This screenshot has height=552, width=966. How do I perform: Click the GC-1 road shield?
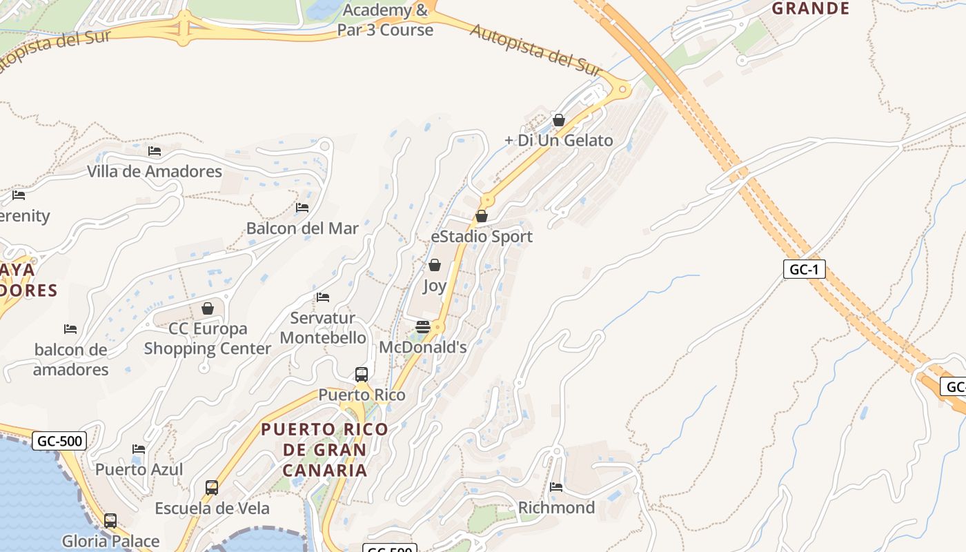coord(804,269)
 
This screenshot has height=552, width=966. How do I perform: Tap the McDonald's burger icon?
coord(423,326)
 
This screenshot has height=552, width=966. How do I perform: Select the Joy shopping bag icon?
coord(435,265)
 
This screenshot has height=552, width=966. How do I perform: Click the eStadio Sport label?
coord(482,237)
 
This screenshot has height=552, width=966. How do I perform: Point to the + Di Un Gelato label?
coord(559,141)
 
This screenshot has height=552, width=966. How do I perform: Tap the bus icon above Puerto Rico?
coord(362,375)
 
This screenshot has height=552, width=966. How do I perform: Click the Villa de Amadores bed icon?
coord(155,150)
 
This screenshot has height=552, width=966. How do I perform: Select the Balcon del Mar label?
coord(302,228)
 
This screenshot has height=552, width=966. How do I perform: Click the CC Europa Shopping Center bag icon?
coord(208,308)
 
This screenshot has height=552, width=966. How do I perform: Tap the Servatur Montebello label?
coord(323,328)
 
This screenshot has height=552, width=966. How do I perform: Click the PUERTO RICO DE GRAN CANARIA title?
coord(324,450)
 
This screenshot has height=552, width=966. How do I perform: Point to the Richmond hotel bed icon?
coord(556,487)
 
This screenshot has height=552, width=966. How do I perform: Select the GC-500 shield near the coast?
coord(59,441)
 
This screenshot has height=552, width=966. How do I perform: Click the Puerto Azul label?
coord(139,470)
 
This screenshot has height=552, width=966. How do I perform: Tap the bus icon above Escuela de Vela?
coord(212,488)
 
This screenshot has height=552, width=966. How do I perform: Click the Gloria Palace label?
coord(110,542)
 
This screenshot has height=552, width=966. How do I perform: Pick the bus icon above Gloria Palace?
coord(110,521)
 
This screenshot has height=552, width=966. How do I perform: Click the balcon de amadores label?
coord(71,359)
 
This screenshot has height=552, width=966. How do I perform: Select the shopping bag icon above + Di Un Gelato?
coord(559,121)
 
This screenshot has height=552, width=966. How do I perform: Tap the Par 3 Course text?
coord(385,30)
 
